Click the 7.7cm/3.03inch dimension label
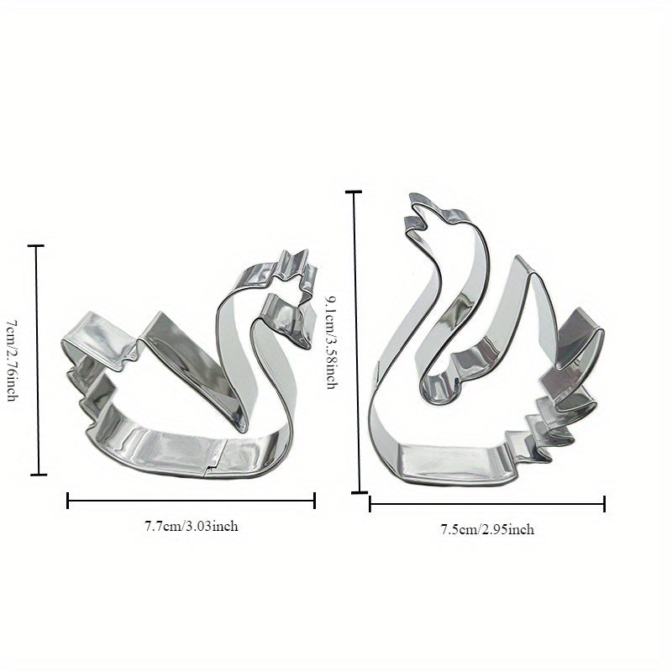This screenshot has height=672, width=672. tap(191, 527)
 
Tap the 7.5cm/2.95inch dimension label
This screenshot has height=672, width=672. tap(487, 529)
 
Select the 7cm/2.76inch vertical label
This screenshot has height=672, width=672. tap(12, 360)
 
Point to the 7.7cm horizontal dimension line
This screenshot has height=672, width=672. tap(191, 501)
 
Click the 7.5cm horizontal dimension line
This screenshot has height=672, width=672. tap(487, 504)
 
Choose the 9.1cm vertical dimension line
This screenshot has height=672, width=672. tap(355, 341)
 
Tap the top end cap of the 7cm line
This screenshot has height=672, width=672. tap(36, 246)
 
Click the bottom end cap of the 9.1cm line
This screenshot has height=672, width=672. tap(359, 491)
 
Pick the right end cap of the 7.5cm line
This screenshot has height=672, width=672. tap(604, 504)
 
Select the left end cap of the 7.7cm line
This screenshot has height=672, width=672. tap(68, 501)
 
